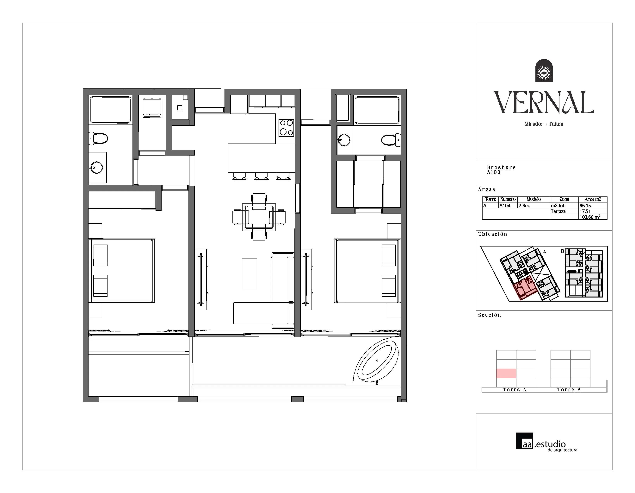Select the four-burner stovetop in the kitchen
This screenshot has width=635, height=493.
click(x=286, y=128)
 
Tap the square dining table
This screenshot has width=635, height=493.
click(x=259, y=217)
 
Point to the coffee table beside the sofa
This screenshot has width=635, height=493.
click(x=250, y=274)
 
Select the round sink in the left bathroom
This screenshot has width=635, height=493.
click(x=96, y=168)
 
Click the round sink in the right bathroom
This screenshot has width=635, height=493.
click(x=344, y=140)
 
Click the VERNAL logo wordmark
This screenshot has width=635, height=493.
click(x=544, y=102)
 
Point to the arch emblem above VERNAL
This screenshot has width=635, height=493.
click(x=544, y=71)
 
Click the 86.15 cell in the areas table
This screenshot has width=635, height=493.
click(x=585, y=205)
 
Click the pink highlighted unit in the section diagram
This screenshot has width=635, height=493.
click(x=506, y=373)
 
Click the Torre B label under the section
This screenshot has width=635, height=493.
click(x=569, y=390)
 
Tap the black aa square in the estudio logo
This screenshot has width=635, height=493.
click(x=525, y=441)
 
